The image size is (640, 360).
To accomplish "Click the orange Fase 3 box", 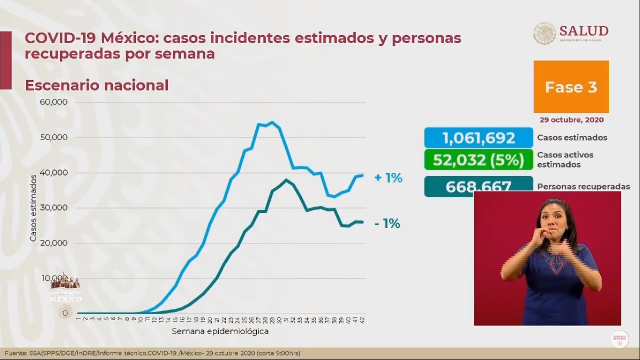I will point(571,87).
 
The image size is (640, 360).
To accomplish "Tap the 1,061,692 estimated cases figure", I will point(478,138).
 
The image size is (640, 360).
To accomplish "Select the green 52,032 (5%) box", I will point(478,159).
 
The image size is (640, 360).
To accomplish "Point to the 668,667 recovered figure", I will point(478,187).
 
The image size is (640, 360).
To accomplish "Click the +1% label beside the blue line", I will point(388,178).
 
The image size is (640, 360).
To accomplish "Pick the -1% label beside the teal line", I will point(387,224).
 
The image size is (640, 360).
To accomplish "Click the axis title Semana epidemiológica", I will point(220,331).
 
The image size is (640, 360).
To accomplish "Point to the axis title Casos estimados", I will point(33,208).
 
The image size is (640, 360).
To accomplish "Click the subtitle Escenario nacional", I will point(97,85).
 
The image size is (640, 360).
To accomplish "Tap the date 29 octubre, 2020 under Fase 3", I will point(572,120).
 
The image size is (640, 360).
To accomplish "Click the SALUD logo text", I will point(584,31).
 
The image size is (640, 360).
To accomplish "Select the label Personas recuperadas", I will point(583,187).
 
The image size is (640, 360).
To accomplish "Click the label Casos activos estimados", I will point(565,159).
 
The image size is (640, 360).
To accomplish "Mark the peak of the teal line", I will point(286,180).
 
